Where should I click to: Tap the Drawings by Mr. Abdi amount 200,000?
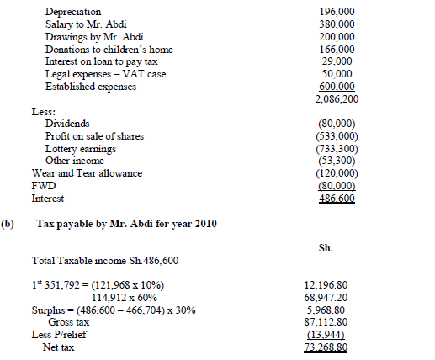tap(337, 38)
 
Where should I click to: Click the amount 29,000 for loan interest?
tap(340, 62)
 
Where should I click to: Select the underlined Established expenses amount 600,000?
tap(337, 86)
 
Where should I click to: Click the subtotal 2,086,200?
tap(334, 98)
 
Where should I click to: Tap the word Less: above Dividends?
tap(43, 111)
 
